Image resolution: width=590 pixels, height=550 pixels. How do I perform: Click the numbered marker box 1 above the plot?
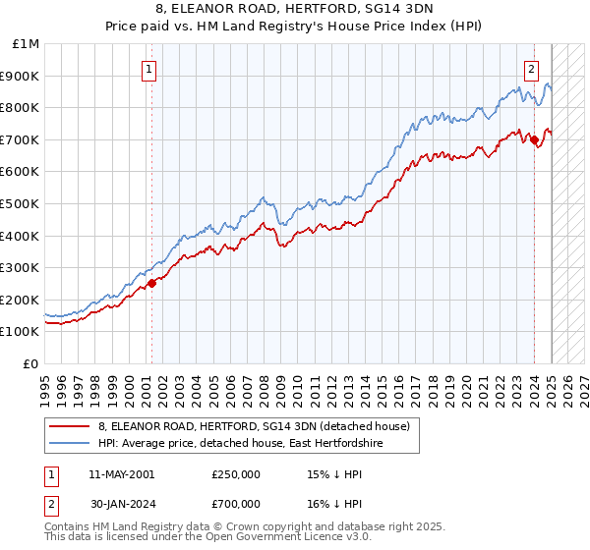(x=148, y=69)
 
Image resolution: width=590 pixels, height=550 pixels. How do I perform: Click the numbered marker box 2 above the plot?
(x=531, y=69)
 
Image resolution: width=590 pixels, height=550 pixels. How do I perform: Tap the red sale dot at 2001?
(x=151, y=283)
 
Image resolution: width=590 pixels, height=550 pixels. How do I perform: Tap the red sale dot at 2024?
(x=534, y=139)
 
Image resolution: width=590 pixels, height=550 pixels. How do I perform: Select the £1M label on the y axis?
(x=27, y=43)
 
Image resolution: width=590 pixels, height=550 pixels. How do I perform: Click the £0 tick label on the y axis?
(x=31, y=363)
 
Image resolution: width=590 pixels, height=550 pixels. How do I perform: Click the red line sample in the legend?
(x=69, y=426)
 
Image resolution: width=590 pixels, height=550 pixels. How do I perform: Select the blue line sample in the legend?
(x=69, y=443)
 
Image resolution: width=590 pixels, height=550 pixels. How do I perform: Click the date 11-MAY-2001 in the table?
(x=121, y=474)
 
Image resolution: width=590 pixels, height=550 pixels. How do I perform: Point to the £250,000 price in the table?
(x=236, y=474)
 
